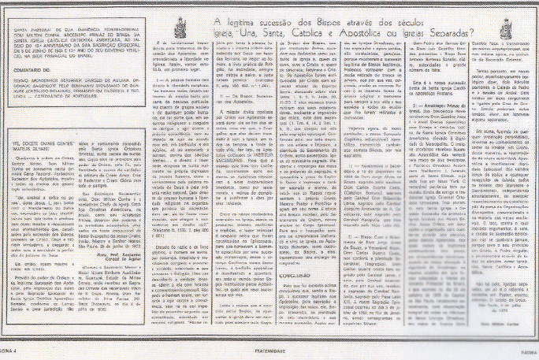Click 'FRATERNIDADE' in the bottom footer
(269, 354)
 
